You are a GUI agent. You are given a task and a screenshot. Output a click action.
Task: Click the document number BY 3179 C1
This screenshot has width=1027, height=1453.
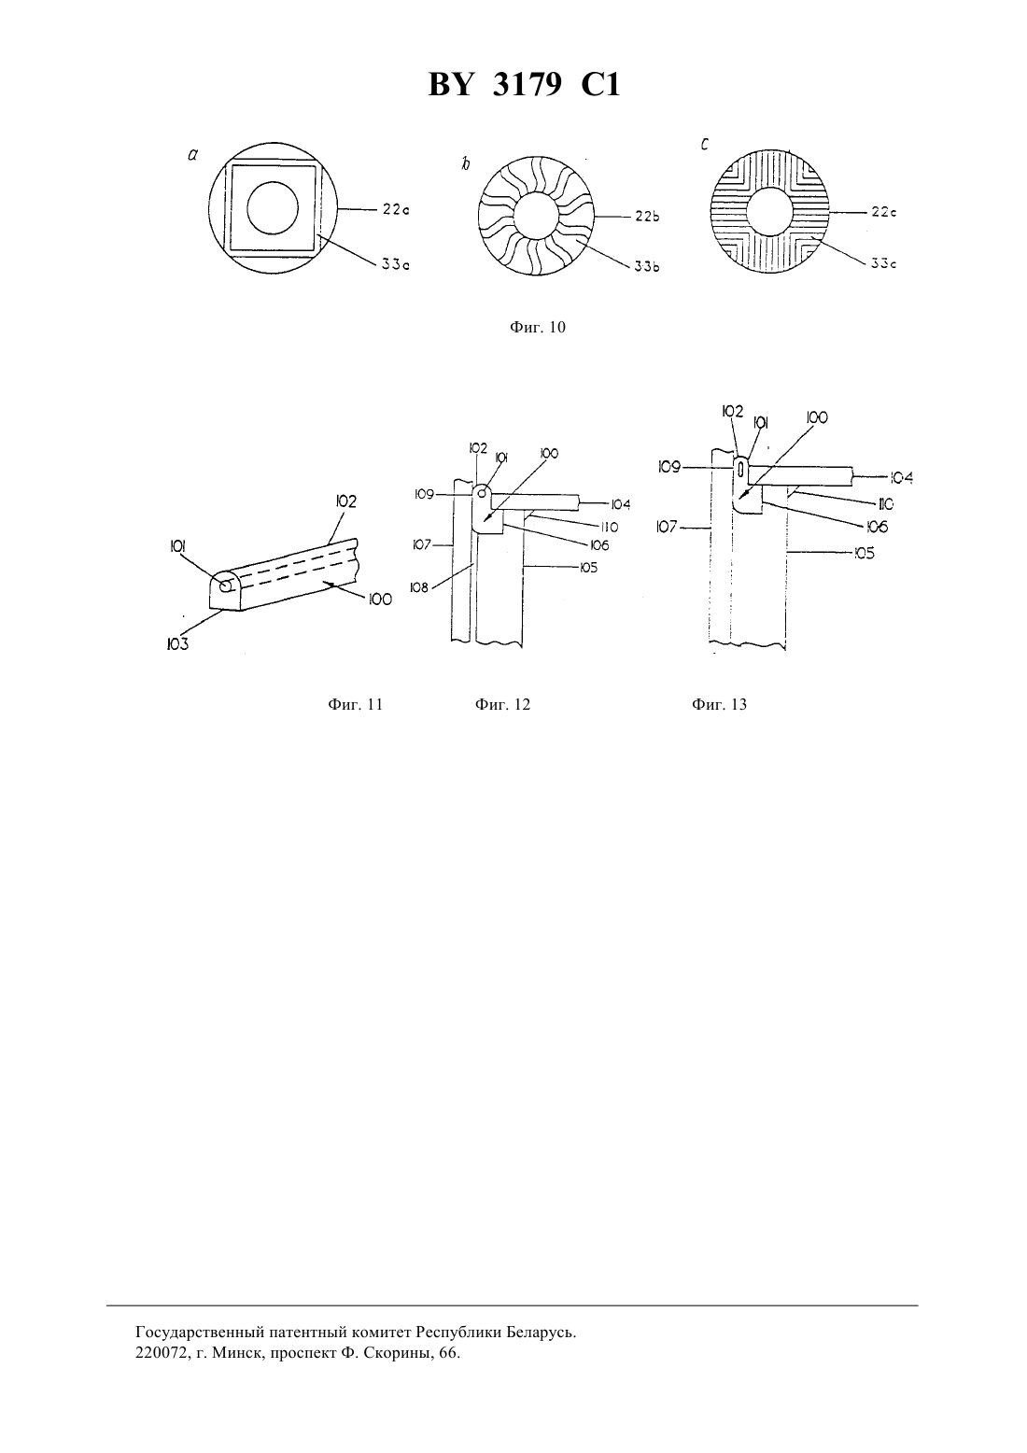(x=524, y=85)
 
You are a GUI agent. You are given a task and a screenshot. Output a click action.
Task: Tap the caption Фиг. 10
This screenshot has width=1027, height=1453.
(x=538, y=327)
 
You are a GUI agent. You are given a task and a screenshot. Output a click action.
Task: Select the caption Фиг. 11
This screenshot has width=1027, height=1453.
(x=356, y=704)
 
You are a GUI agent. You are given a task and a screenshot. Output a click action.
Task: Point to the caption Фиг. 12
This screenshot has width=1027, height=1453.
(x=502, y=704)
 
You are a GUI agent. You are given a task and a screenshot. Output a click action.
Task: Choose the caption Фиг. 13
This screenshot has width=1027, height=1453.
(x=719, y=704)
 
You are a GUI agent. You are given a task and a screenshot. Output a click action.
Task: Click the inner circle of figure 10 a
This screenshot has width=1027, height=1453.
(x=273, y=207)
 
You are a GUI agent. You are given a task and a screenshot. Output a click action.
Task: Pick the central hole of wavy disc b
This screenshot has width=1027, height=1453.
(x=536, y=216)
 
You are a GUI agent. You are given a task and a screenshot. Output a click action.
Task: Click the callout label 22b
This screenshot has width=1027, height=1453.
(x=647, y=217)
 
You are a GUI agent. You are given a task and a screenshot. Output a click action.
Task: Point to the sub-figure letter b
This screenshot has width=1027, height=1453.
(x=465, y=164)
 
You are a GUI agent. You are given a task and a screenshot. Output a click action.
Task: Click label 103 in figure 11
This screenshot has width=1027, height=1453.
(x=177, y=644)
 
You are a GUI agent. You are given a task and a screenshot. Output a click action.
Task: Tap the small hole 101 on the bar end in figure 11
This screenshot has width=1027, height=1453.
(x=226, y=586)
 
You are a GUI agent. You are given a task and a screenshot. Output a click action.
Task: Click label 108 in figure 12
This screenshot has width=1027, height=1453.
(x=419, y=587)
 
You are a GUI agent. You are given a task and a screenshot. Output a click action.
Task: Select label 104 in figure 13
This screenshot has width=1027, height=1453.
(x=901, y=478)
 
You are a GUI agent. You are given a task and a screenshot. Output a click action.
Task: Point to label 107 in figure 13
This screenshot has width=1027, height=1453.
(x=667, y=527)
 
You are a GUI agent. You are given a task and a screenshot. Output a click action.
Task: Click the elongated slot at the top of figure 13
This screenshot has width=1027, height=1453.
(x=740, y=470)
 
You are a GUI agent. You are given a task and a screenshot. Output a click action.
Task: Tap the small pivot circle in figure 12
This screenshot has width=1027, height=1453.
(x=482, y=494)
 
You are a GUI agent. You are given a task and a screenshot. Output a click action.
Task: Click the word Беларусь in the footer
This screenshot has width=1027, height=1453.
(x=541, y=1333)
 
